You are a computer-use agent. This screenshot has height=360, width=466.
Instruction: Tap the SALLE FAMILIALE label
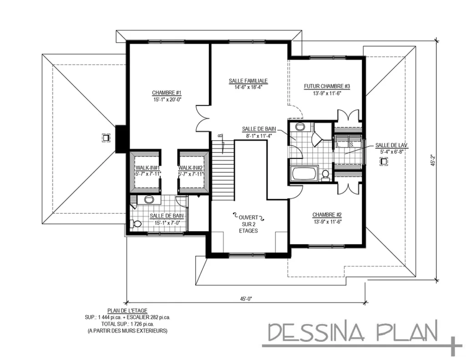pos(248,81)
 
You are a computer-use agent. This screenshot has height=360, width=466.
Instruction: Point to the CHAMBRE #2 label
pos(327,215)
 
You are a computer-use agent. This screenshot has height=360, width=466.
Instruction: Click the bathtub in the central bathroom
pos(304,174)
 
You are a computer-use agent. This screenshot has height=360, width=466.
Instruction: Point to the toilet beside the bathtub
pos(325,175)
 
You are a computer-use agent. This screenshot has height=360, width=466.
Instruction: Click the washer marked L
pos(341,142)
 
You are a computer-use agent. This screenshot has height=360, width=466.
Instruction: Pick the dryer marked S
pos(354,142)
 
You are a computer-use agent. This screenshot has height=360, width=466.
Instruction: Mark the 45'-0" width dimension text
pos(246,299)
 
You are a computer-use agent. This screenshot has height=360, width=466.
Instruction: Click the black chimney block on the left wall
pos(121,139)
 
